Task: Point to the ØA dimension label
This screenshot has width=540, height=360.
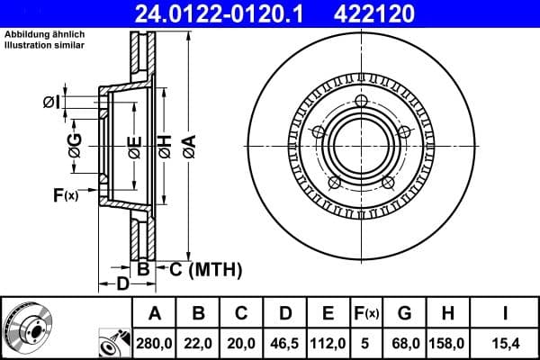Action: (189, 143)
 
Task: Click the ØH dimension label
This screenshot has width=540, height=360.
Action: (165, 143)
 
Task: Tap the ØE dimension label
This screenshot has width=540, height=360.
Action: (134, 143)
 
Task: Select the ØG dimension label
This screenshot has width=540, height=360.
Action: (76, 143)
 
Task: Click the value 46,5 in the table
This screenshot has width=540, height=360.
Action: (285, 342)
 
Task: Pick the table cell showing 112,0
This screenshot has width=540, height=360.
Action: (328, 342)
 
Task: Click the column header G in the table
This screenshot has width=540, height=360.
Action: (405, 314)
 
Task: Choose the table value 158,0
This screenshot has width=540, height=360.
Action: (446, 342)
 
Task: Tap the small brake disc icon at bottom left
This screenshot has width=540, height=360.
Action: (24, 328)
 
